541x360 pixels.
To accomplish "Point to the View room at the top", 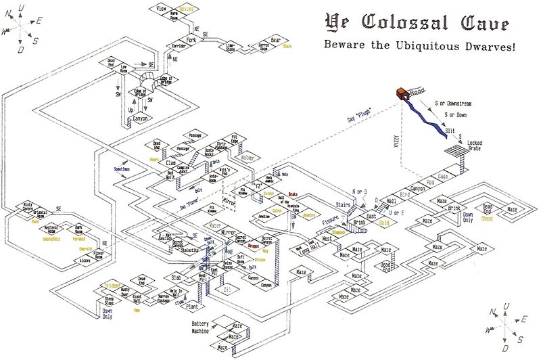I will [x=161, y=9].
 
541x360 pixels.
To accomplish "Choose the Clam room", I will [x=170, y=163].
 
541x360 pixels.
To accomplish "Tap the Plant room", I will [x=191, y=304].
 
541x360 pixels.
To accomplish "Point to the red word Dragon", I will [x=254, y=247].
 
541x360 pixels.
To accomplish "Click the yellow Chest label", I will [x=487, y=219].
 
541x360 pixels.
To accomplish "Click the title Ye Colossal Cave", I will [x=415, y=24].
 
